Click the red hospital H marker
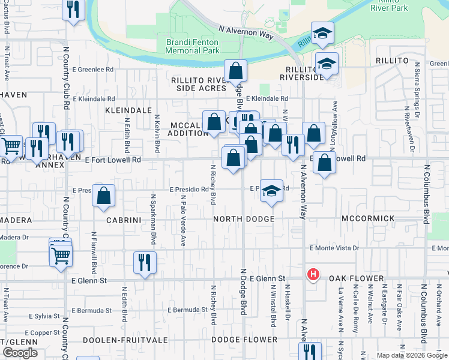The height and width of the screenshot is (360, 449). click(312, 275)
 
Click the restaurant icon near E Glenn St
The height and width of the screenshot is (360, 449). click(145, 263)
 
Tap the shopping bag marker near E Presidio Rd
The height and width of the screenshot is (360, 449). click(104, 196)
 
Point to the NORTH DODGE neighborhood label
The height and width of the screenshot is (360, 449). click(244, 220)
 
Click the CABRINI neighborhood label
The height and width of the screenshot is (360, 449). click(122, 220)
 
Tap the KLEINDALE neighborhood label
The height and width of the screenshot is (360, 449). click(128, 111)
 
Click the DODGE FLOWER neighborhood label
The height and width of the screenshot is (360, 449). click(244, 340)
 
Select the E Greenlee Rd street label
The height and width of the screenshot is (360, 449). click(93, 70)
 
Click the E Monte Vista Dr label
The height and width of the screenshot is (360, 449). click(334, 248)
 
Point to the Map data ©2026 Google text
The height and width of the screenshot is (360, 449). click(412, 355)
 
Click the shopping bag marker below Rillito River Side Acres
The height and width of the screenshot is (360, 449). click(236, 72)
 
